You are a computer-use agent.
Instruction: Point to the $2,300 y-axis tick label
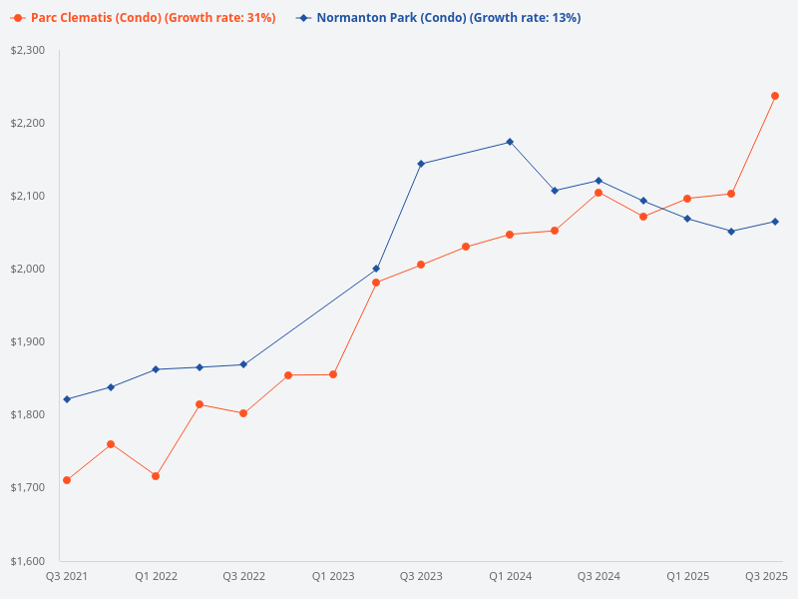pyautogui.click(x=29, y=50)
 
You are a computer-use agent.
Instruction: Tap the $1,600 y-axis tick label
pyautogui.click(x=29, y=560)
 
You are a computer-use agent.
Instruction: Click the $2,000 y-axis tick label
pyautogui.click(x=29, y=269)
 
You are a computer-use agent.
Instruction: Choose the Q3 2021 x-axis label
pyautogui.click(x=66, y=576)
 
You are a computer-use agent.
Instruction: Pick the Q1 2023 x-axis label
pyautogui.click(x=332, y=576)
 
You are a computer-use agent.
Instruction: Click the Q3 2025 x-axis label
pyautogui.click(x=767, y=576)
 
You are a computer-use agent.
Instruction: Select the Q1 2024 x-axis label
pyautogui.click(x=510, y=576)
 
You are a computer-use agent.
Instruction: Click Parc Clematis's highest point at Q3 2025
pyautogui.click(x=775, y=96)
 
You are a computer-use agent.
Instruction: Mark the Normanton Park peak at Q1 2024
pyautogui.click(x=510, y=142)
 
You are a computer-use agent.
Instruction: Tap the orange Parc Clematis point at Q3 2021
pyautogui.click(x=67, y=480)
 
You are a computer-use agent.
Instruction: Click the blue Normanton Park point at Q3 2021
pyautogui.click(x=67, y=399)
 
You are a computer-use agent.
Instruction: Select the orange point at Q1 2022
pyautogui.click(x=156, y=476)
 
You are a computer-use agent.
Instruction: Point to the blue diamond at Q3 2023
pyautogui.click(x=421, y=164)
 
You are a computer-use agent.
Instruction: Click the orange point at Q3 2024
pyautogui.click(x=598, y=193)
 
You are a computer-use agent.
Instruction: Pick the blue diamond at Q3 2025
pyautogui.click(x=775, y=222)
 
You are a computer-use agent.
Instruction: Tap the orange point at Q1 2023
pyautogui.click(x=333, y=374)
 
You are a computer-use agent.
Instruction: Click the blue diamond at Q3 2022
pyautogui.click(x=243, y=364)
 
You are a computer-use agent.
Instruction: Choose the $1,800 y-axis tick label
pyautogui.click(x=29, y=414)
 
